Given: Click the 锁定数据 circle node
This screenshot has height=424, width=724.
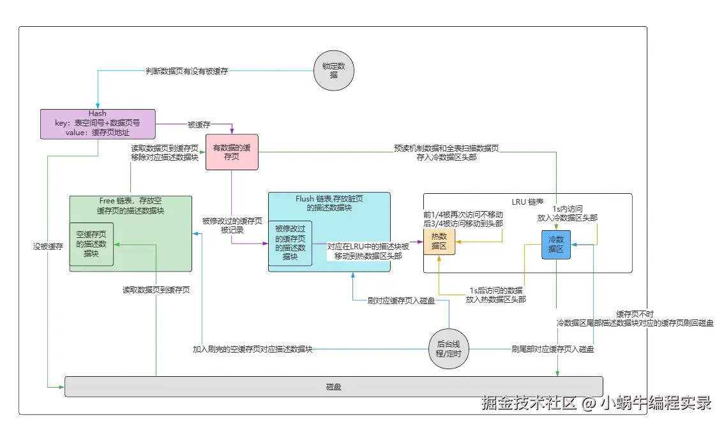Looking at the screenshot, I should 333,71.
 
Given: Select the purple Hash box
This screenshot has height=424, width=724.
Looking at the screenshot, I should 98,124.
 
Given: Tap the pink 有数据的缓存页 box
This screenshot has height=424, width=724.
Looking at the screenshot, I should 231,152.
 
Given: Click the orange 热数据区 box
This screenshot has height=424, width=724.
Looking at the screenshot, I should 439,242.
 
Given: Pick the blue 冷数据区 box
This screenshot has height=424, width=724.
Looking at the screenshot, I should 555,244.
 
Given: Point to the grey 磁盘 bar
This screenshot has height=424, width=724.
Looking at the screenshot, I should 333,386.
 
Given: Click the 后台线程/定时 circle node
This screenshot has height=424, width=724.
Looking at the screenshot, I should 449,349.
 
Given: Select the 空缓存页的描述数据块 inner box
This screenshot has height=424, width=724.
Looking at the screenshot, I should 91,244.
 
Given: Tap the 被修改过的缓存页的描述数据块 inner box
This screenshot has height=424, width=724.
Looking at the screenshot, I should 290,242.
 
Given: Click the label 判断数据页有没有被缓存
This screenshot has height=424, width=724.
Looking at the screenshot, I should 186,71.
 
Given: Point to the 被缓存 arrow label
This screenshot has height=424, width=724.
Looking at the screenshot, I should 199,124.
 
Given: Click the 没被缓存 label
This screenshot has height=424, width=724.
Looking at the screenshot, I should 48,246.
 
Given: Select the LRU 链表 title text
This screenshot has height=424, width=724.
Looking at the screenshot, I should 528,202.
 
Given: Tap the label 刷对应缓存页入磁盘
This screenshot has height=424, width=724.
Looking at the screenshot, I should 402,300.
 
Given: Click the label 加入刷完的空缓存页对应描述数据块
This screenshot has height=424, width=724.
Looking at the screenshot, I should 253,349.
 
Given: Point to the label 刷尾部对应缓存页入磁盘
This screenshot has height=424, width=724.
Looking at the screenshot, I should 553,349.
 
